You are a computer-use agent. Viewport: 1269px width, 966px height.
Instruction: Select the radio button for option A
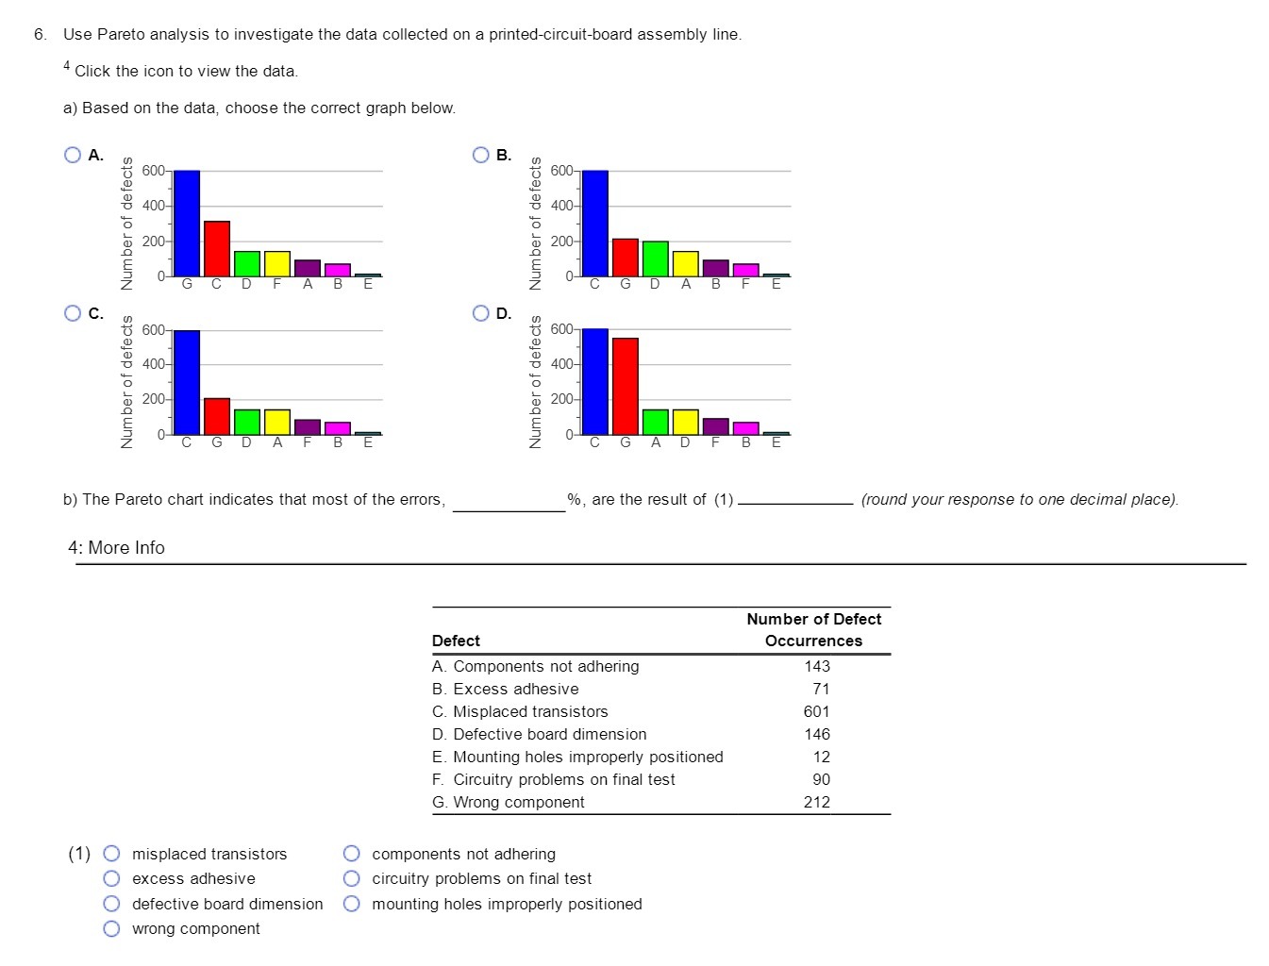pyautogui.click(x=73, y=155)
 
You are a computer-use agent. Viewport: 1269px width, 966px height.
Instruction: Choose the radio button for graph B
pyautogui.click(x=481, y=155)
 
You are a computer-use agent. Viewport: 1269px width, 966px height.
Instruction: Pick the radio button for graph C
pyautogui.click(x=73, y=313)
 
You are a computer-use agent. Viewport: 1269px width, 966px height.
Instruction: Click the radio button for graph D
pyautogui.click(x=481, y=313)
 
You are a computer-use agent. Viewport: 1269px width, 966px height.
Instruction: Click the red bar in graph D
pyautogui.click(x=625, y=386)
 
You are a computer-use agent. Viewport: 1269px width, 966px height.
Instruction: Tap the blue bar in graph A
pyautogui.click(x=187, y=224)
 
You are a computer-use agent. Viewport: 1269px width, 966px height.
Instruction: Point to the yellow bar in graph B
pyautogui.click(x=685, y=264)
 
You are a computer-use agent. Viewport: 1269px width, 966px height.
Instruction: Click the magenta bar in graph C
pyautogui.click(x=338, y=428)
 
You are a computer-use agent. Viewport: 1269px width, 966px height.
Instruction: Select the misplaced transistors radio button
pyautogui.click(x=111, y=854)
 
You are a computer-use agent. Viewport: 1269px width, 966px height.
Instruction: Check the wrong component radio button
pyautogui.click(x=111, y=928)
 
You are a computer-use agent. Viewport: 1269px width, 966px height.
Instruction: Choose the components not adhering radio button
pyautogui.click(x=352, y=854)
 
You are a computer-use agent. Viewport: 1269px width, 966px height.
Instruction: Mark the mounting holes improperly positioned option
pyautogui.click(x=352, y=904)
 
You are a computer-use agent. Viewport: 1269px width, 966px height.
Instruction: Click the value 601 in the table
pyautogui.click(x=816, y=711)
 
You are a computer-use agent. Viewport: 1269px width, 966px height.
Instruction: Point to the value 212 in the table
pyautogui.click(x=816, y=802)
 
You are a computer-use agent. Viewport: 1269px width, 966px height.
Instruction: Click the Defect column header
pyautogui.click(x=456, y=641)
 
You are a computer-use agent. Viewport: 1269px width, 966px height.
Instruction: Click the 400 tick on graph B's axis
pyautogui.click(x=560, y=206)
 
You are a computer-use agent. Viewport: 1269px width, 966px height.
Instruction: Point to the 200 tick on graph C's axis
pyautogui.click(x=153, y=399)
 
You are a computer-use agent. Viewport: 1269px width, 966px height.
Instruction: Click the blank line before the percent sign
pyautogui.click(x=509, y=502)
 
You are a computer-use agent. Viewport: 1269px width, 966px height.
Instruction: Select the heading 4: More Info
pyautogui.click(x=116, y=547)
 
